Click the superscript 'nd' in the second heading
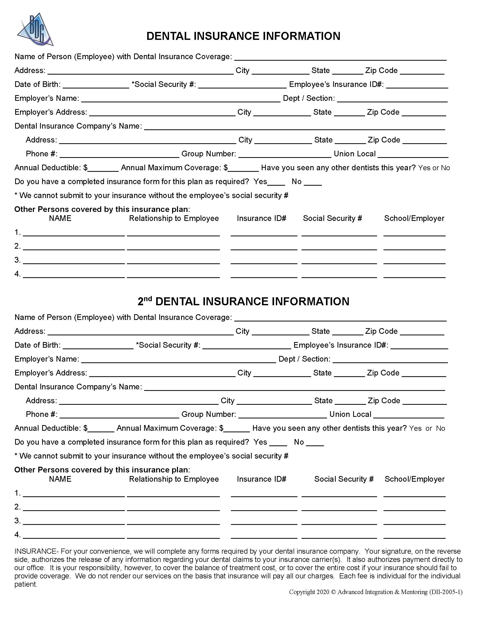[148, 299]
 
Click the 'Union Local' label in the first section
[354, 154]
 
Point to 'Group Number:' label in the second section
[209, 414]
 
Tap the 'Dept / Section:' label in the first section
[309, 98]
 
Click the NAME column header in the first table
[60, 218]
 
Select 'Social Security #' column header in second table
[344, 479]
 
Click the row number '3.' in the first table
[17, 260]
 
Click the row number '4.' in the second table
[17, 535]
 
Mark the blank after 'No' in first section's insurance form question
[313, 182]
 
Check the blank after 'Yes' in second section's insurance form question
[278, 443]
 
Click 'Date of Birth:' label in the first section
[38, 85]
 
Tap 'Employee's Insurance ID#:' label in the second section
[341, 345]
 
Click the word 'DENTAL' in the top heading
[168, 36]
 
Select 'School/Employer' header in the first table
[414, 218]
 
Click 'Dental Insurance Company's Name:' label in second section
[78, 387]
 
